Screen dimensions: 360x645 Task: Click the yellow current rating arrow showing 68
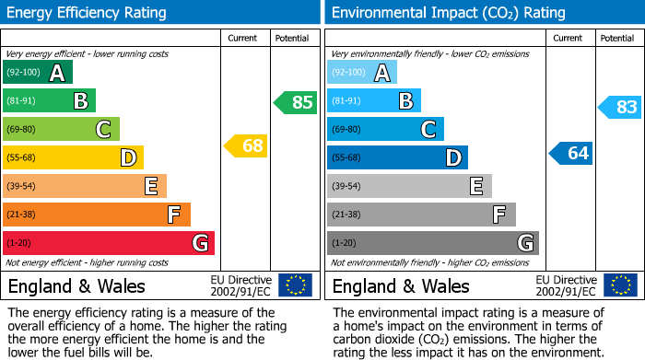pyautogui.click(x=246, y=145)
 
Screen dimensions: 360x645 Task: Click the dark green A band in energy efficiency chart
pyautogui.click(x=38, y=73)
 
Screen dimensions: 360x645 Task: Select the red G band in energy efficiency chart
pyautogui.click(x=109, y=243)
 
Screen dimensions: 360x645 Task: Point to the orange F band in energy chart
pyautogui.click(x=97, y=215)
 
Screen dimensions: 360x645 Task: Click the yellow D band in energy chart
pyautogui.click(x=74, y=157)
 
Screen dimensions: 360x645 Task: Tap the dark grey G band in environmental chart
pyautogui.click(x=432, y=243)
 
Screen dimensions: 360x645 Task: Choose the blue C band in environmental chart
pyautogui.click(x=385, y=129)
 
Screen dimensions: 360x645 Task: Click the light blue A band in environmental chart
pyautogui.click(x=362, y=73)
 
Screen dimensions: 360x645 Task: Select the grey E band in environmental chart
pyautogui.click(x=409, y=186)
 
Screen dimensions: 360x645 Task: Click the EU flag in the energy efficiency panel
pyautogui.click(x=295, y=285)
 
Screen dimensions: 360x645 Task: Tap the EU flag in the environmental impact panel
pyautogui.click(x=619, y=285)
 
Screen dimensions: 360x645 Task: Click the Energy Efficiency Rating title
pyautogui.click(x=88, y=13)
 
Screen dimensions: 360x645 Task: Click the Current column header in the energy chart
pyautogui.click(x=242, y=38)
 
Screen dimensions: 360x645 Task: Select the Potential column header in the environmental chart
pyautogui.click(x=616, y=38)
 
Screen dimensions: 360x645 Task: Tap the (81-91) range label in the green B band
pyautogui.click(x=23, y=101)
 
